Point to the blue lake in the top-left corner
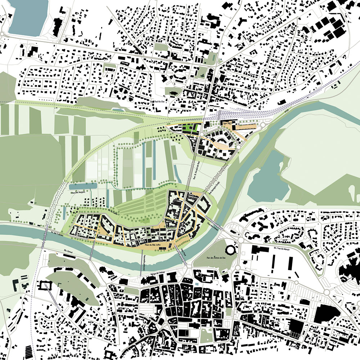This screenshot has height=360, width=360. coord(25,16)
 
